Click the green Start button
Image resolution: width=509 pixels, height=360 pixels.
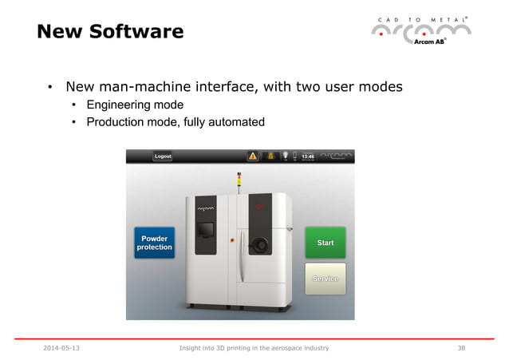(x=325, y=243)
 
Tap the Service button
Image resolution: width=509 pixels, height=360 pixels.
(x=325, y=279)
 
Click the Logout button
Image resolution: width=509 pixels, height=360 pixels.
(x=164, y=156)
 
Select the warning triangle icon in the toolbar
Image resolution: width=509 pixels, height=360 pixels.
(x=252, y=156)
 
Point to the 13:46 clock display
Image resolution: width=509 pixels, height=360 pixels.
(x=307, y=156)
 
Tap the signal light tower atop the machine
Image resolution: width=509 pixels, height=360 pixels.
(x=237, y=181)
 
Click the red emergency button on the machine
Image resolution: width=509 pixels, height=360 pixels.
(x=232, y=239)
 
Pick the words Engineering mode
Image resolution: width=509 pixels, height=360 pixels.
(x=135, y=105)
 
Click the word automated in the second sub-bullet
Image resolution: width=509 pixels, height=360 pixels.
(x=235, y=122)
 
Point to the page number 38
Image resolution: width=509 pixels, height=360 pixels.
(x=461, y=348)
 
